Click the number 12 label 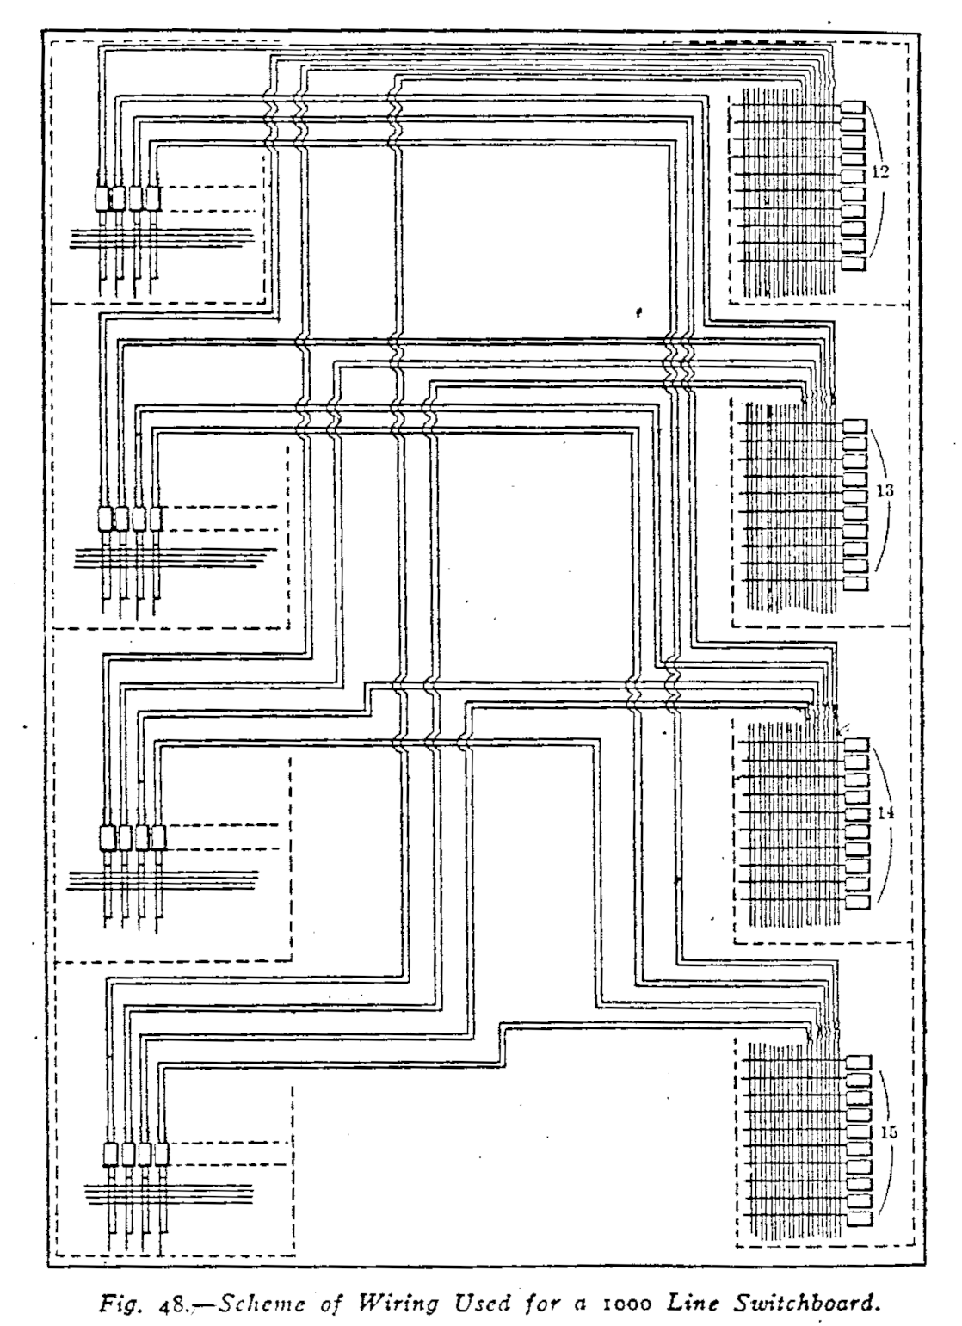click(879, 172)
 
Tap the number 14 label click(886, 811)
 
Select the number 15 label click(890, 1132)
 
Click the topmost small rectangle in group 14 click(858, 744)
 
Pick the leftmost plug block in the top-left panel click(101, 199)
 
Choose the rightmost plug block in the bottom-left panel click(161, 1154)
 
